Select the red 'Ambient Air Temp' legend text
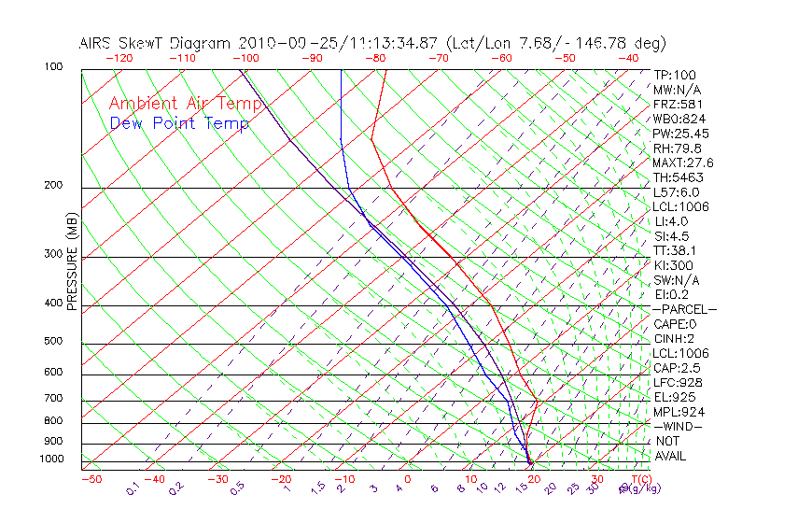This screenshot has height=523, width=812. (x=186, y=104)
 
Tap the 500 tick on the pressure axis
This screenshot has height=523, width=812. (x=52, y=341)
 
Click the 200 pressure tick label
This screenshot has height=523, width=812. (x=52, y=185)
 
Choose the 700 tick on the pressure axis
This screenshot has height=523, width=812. (x=52, y=399)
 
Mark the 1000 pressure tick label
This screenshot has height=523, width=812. (x=50, y=459)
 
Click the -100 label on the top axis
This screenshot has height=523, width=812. (x=245, y=58)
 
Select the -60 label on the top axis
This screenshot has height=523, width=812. (x=501, y=58)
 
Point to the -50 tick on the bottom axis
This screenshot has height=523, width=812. (x=91, y=479)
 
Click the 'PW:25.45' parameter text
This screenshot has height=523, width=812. (x=677, y=134)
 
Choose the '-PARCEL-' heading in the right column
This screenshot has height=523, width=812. (x=684, y=309)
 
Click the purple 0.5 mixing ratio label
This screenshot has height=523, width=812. (x=237, y=487)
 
